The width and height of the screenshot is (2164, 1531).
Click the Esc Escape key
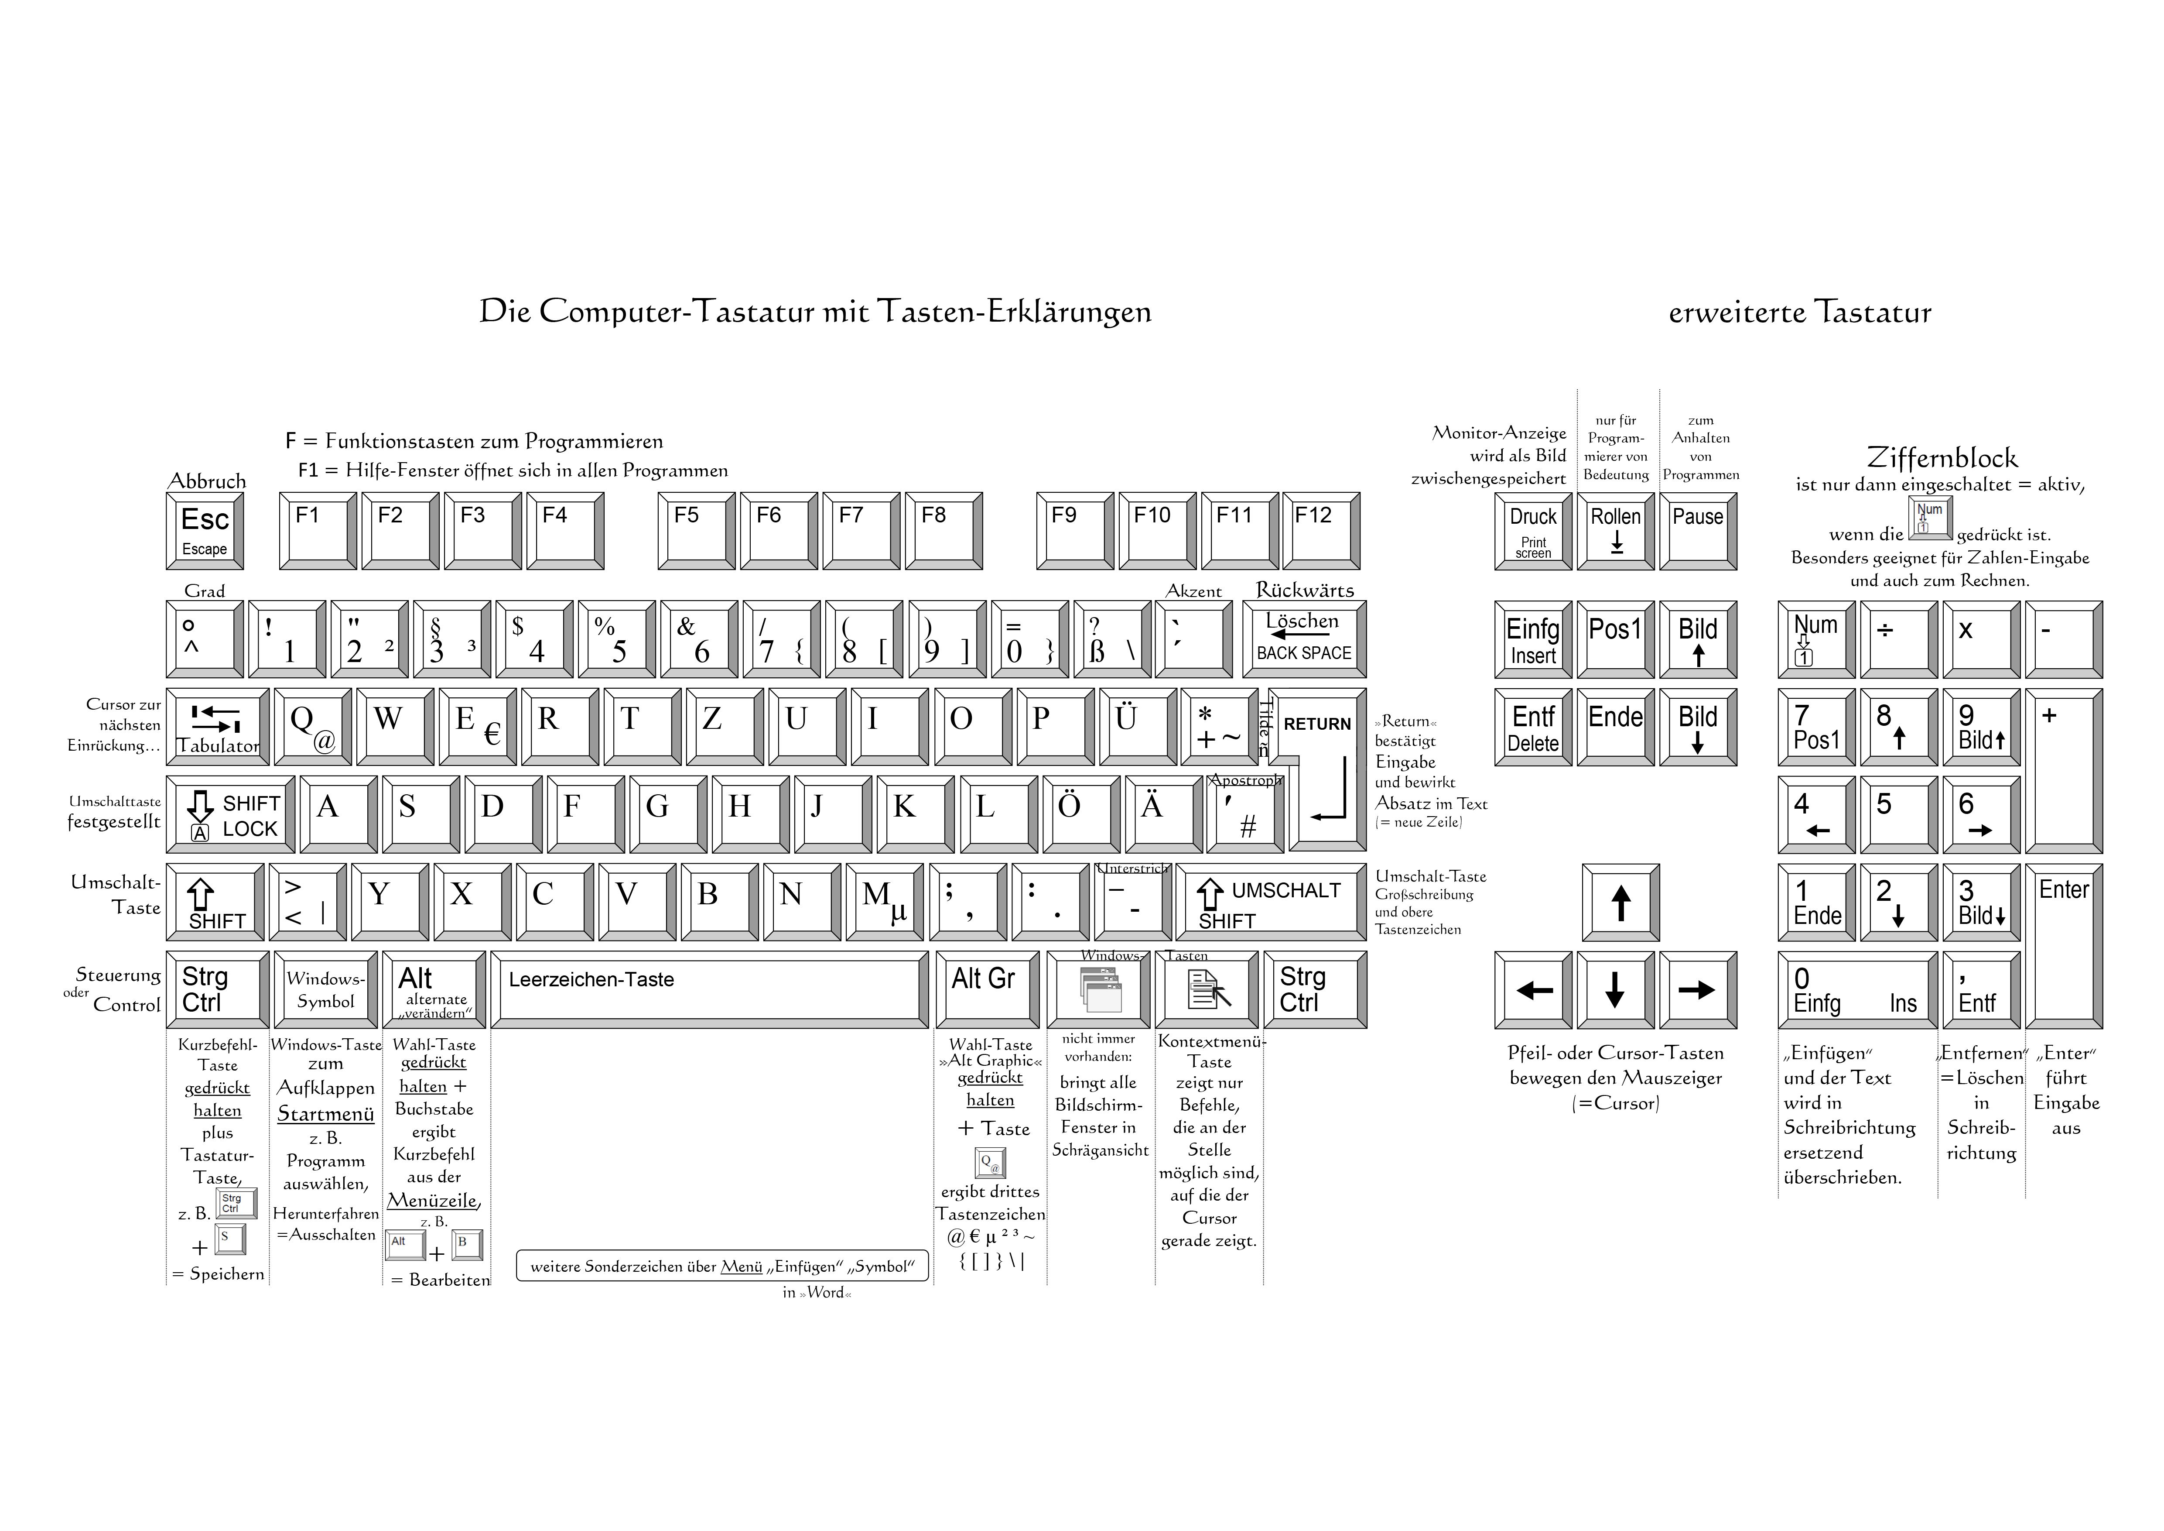(205, 531)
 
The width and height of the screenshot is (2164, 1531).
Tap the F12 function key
(1320, 531)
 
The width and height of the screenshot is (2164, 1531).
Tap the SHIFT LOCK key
(230, 814)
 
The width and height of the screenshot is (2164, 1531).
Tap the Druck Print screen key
(1532, 531)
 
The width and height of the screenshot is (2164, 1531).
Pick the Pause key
(1697, 531)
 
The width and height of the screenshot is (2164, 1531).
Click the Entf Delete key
(1532, 727)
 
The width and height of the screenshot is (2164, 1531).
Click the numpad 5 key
(1898, 814)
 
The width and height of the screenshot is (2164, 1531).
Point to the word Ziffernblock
(1942, 458)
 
